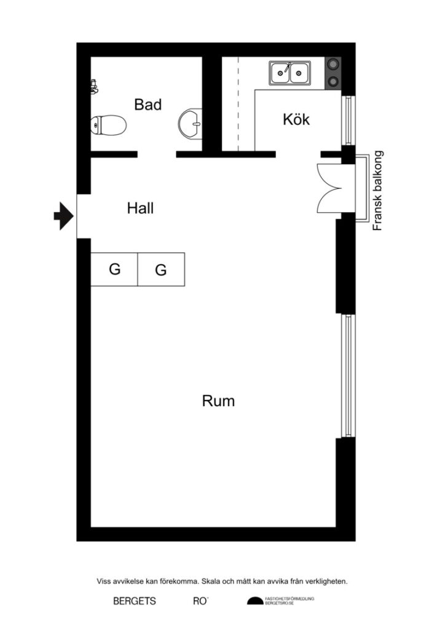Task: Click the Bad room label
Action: (x=148, y=105)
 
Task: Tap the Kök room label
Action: (x=296, y=119)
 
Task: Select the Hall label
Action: (x=140, y=208)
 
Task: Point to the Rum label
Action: (x=218, y=401)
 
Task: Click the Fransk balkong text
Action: (x=378, y=191)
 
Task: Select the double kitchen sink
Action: (x=289, y=74)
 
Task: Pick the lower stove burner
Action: (x=333, y=81)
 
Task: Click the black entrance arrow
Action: (x=63, y=215)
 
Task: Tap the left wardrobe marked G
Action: (x=114, y=269)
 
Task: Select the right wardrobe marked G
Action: (x=161, y=269)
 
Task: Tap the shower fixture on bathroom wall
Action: (x=94, y=86)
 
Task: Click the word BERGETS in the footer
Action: (x=134, y=601)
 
